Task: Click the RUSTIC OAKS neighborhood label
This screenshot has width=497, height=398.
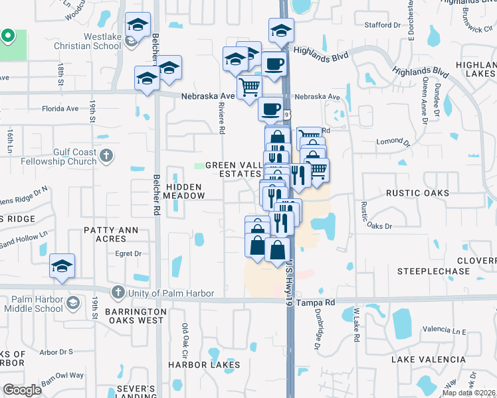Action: pyautogui.click(x=418, y=193)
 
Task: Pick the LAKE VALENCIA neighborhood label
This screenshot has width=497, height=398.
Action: pyautogui.click(x=428, y=359)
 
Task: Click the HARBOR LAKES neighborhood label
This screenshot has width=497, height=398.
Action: pyautogui.click(x=203, y=365)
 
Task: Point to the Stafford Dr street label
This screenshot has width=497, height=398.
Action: pyautogui.click(x=383, y=25)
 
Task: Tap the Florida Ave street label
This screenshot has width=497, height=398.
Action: pyautogui.click(x=60, y=108)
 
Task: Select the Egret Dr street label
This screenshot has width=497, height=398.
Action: pyautogui.click(x=129, y=253)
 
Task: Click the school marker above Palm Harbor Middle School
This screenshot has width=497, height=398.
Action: pyautogui.click(x=62, y=267)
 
